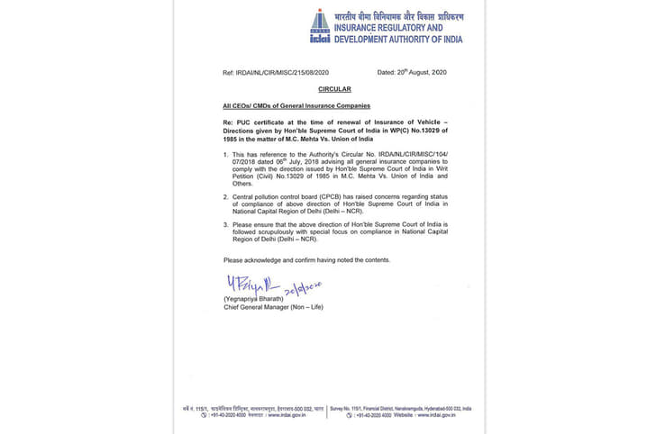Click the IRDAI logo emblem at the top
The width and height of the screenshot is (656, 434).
coord(320,26)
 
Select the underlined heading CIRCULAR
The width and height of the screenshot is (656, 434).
coord(333,89)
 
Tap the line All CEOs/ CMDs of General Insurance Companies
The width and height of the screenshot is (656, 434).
coord(284,106)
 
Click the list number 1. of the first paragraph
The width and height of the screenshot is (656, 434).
coord(227,155)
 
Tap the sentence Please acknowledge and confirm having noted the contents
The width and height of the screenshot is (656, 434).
coord(306,259)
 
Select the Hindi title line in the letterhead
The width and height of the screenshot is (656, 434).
coord(398,16)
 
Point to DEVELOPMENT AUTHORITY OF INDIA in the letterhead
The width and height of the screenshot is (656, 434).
coord(398,39)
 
